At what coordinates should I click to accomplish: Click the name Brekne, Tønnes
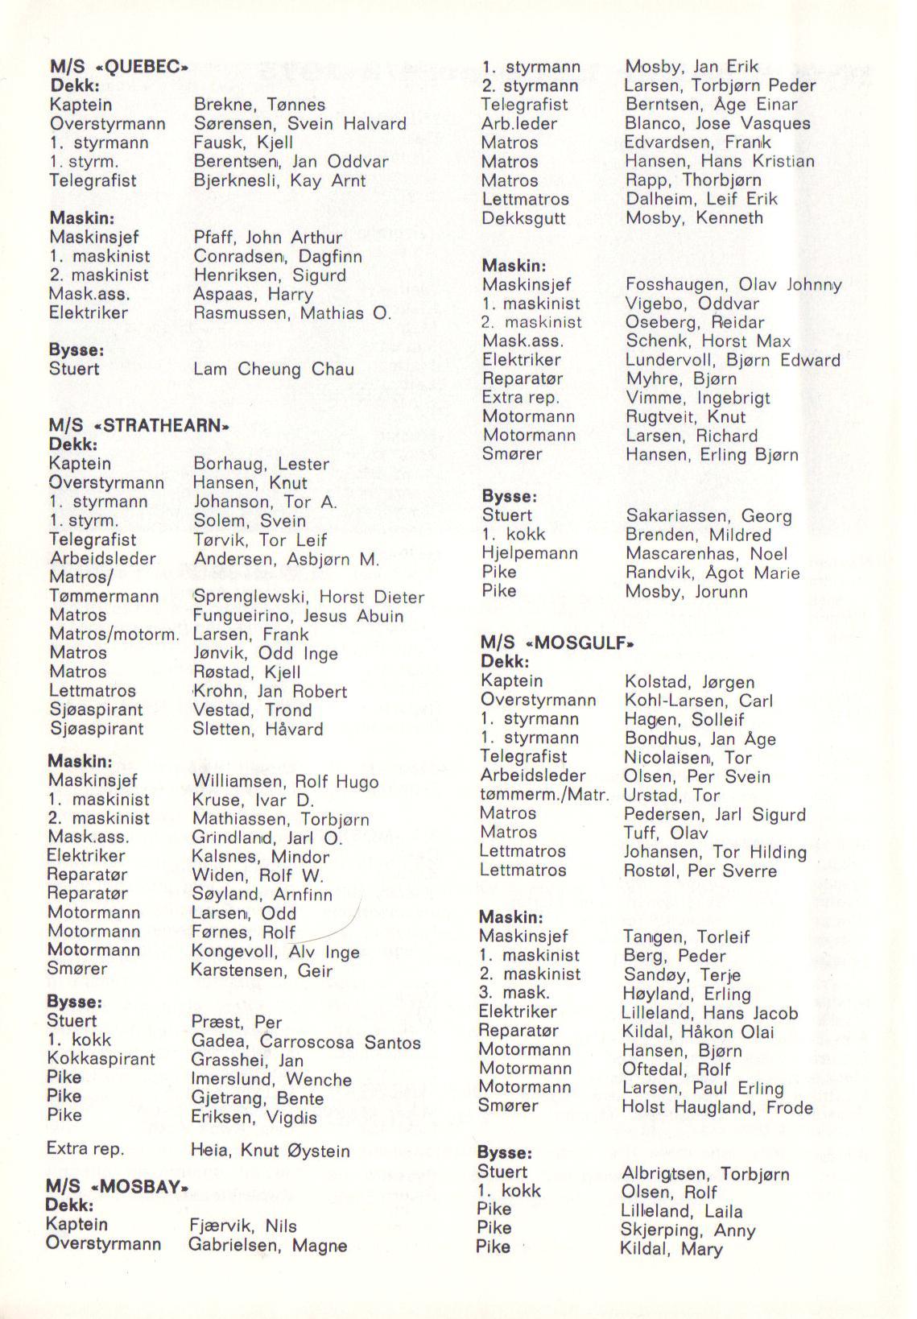point(259,105)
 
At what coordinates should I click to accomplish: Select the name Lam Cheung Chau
point(274,370)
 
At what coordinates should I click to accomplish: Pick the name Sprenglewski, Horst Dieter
point(308,597)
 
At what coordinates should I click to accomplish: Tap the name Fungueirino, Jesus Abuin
point(298,616)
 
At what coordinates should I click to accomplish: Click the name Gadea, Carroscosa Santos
point(306,1042)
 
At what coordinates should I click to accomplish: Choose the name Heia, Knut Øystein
point(271,1151)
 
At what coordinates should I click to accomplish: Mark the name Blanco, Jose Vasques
point(717,124)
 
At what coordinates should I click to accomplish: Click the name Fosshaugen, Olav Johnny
point(733,285)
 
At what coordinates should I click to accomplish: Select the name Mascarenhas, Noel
point(706,554)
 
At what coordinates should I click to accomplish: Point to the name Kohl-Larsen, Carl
point(698,701)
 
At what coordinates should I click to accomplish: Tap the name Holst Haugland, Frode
point(717,1107)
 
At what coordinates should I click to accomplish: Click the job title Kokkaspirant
point(101,1059)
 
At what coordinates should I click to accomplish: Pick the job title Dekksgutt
point(523,218)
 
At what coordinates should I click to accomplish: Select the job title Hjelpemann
point(530,553)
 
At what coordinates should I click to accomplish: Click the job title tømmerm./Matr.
point(544,795)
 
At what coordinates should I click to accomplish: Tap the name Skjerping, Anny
point(688,1230)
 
